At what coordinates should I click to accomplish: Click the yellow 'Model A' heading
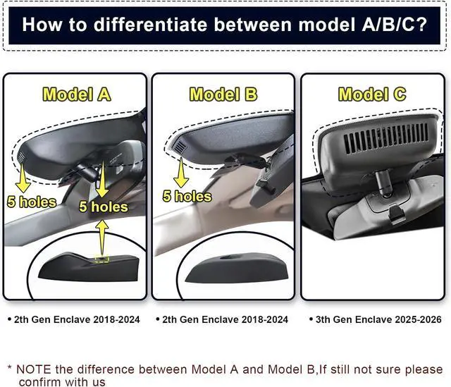pyautogui.click(x=77, y=94)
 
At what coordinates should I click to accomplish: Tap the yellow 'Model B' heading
pyautogui.click(x=223, y=94)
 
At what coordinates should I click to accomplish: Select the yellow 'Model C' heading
pyautogui.click(x=372, y=94)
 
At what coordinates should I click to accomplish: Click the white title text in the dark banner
pyautogui.click(x=224, y=25)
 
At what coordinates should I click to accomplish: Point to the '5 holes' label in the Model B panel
pyautogui.click(x=187, y=196)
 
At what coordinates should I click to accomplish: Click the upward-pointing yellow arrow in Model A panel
pyautogui.click(x=102, y=237)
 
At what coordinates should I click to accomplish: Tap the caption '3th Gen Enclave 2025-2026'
pyautogui.click(x=376, y=319)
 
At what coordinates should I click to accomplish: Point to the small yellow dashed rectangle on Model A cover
pyautogui.click(x=102, y=259)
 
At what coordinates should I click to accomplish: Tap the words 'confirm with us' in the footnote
pyautogui.click(x=62, y=381)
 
